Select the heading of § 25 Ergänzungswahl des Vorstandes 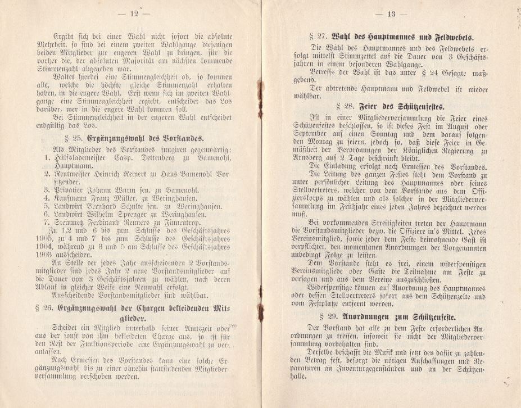(137, 138)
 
